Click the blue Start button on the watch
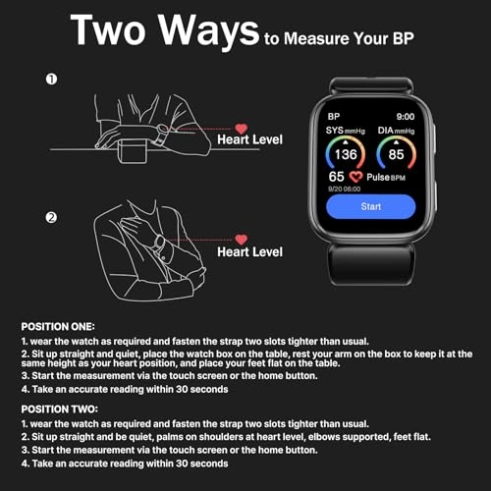(x=371, y=208)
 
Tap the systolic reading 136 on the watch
(x=346, y=154)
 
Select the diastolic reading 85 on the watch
(x=397, y=154)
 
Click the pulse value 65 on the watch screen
(x=336, y=177)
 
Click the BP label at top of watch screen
(x=334, y=115)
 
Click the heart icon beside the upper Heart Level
(x=241, y=129)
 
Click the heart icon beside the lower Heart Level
(x=241, y=240)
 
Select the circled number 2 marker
(x=51, y=218)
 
